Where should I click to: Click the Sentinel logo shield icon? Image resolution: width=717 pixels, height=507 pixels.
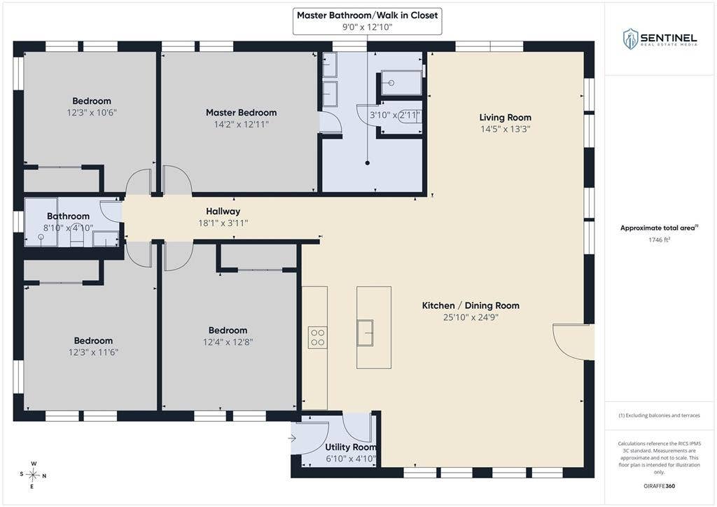point(631,39)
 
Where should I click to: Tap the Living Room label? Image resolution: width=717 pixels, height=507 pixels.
point(506,118)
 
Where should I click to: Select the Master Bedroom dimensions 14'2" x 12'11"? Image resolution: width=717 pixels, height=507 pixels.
point(241,125)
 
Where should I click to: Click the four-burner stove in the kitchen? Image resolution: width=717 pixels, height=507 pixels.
point(317,338)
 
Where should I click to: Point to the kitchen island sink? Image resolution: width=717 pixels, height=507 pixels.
point(365,333)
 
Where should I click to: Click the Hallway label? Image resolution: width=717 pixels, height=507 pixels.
point(223,211)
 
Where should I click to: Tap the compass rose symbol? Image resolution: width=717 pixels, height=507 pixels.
point(33,475)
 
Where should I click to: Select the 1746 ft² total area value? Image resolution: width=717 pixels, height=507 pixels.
point(659,239)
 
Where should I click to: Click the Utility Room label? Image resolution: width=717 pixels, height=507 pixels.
point(351,447)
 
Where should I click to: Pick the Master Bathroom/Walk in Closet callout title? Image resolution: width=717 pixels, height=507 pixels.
point(367,15)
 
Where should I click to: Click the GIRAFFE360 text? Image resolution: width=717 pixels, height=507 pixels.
point(659,486)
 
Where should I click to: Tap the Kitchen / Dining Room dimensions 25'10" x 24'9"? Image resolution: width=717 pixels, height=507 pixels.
point(471,317)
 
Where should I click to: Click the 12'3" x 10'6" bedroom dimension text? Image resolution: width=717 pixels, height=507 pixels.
point(92,113)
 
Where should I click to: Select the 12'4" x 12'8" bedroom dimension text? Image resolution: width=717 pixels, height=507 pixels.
point(228,342)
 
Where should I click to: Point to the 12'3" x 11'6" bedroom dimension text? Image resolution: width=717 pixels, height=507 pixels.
point(93,352)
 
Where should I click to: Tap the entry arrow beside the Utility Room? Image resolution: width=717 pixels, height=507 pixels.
point(292,438)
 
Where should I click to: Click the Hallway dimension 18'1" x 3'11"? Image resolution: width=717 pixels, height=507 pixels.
point(223,223)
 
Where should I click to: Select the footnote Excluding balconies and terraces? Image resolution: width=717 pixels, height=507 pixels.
point(659,415)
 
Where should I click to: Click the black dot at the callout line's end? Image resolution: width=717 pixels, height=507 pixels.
point(367,162)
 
